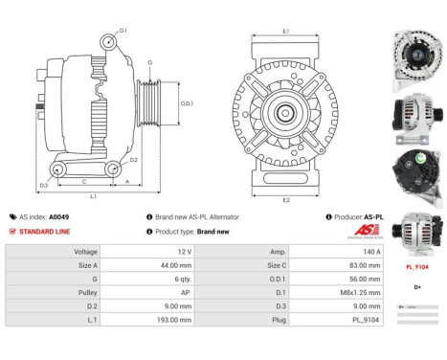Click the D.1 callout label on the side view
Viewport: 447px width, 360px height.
(x=123, y=32)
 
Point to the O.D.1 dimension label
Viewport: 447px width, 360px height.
(x=188, y=103)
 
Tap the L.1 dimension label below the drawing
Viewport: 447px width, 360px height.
(x=93, y=196)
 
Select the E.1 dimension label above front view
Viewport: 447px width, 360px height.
(x=286, y=32)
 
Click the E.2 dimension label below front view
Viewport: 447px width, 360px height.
(x=286, y=199)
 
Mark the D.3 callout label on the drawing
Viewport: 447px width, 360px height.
(x=44, y=185)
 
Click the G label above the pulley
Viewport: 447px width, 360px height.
(x=149, y=62)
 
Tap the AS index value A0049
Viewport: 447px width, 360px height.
(x=59, y=217)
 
